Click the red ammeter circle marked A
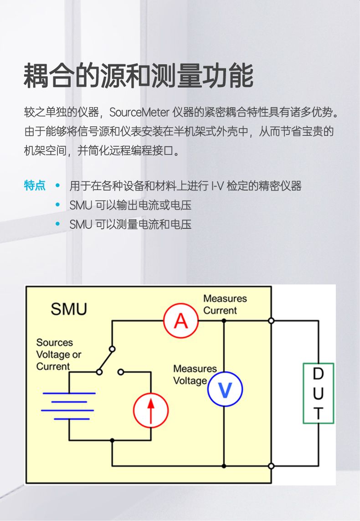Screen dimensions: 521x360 pos(181,321)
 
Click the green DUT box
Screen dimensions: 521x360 pos(319,393)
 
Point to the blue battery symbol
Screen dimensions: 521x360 pos(69,405)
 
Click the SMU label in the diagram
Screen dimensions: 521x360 pos(69,310)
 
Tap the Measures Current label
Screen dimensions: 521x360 pos(225,304)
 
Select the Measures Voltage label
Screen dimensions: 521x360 pos(195,374)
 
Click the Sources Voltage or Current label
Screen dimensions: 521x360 pos(58,354)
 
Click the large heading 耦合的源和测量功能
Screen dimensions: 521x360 pos(139,76)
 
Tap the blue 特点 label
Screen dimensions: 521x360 pos(35,186)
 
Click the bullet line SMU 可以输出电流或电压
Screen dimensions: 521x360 pos(130,205)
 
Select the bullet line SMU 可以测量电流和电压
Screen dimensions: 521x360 pos(130,224)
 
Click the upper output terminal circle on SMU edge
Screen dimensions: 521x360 pos(271,321)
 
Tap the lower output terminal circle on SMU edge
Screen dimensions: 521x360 pos(271,466)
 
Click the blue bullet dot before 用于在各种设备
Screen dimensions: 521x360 pos(57,186)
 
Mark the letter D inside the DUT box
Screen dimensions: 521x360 pos(319,374)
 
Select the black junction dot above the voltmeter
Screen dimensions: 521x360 pos(224,321)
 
